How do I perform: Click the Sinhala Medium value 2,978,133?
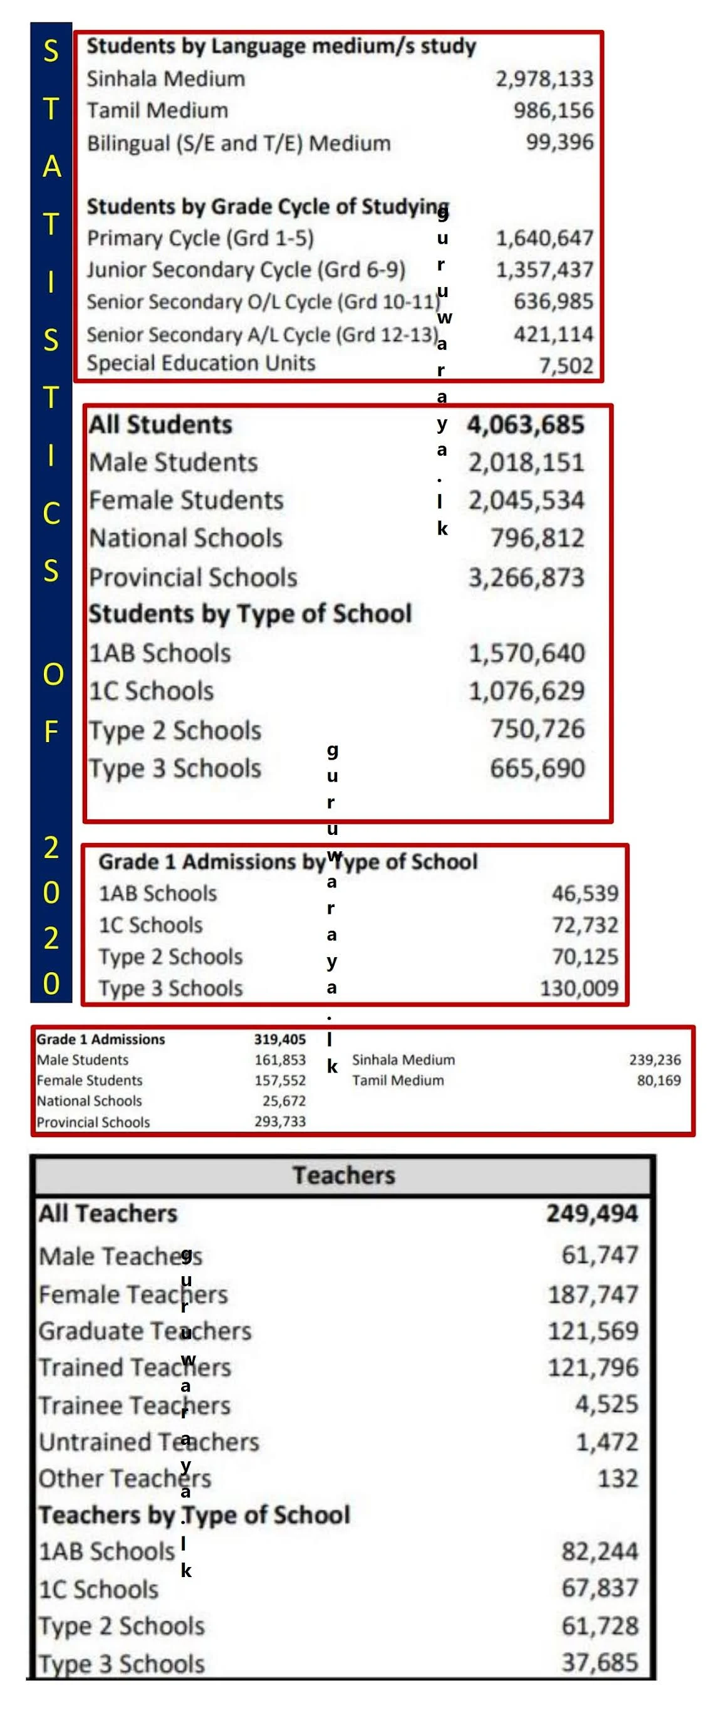pos(543,79)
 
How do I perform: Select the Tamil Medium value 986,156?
pos(553,110)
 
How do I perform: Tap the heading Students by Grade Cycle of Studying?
pos(267,206)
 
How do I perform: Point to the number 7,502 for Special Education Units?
pos(565,365)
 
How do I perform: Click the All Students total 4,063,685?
pos(525,424)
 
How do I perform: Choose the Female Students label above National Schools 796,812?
pos(186,500)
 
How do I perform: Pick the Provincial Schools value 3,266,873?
pos(526,577)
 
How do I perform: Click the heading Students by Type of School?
pos(250,614)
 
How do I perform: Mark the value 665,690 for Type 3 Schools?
pos(537,768)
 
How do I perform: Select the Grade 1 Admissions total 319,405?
pos(279,1039)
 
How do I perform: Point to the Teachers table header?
pos(344,1175)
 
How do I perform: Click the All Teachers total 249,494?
pos(592,1214)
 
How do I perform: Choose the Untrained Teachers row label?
pos(149,1442)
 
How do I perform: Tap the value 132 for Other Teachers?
pos(617,1478)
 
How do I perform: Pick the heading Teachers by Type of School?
pos(194,1515)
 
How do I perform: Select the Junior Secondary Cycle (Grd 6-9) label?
pos(246,270)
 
